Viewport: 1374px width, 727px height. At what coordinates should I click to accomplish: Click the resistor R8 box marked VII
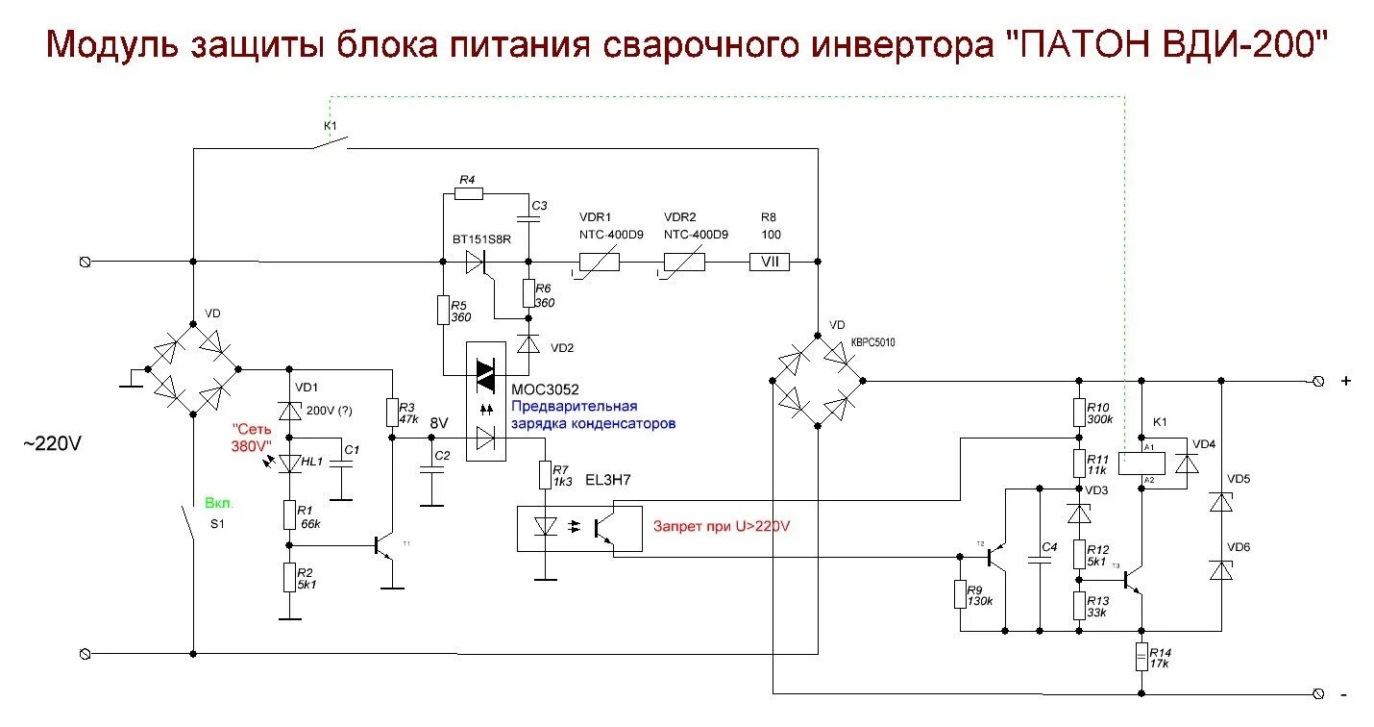point(769,261)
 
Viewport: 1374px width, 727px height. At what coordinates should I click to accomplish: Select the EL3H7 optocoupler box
point(579,527)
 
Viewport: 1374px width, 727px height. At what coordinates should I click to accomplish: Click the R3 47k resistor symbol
point(392,413)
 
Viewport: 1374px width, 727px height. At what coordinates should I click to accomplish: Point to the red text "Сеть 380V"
point(252,438)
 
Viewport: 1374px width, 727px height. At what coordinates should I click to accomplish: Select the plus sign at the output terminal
point(1346,381)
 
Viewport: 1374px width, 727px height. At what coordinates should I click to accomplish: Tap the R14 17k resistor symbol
point(1141,658)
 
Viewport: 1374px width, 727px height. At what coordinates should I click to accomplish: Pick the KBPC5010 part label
point(872,343)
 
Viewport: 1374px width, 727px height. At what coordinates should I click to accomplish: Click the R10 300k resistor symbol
point(1079,412)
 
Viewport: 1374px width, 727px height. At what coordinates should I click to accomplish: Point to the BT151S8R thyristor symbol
point(476,261)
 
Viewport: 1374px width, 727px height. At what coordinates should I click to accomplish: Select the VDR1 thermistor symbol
point(598,261)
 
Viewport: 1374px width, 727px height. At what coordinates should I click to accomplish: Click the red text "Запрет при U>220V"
point(722,526)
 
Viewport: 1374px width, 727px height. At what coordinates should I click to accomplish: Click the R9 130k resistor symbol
point(960,594)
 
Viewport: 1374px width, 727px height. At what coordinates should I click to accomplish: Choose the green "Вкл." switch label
point(219,503)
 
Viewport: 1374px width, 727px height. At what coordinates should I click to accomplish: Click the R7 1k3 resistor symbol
point(545,474)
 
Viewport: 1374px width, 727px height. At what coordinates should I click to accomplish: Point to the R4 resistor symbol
point(468,193)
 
